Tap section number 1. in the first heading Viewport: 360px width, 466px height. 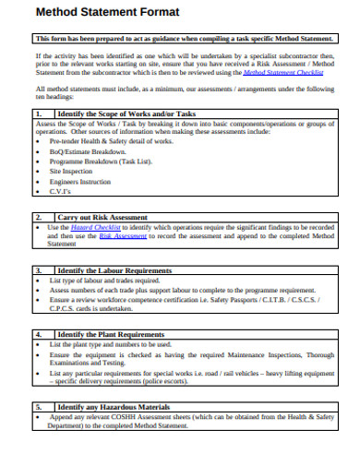coord(39,114)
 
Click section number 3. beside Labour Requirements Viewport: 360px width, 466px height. coord(39,270)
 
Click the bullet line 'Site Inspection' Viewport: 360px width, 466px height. coord(70,171)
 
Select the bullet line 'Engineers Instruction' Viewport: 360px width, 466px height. coord(81,183)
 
